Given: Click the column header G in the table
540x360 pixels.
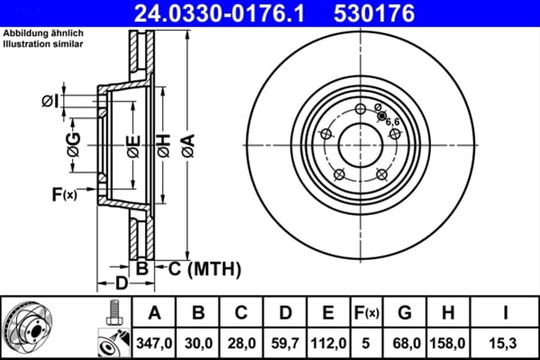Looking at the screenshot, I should [x=405, y=312].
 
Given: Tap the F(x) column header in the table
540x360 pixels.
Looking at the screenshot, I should [x=367, y=312].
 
